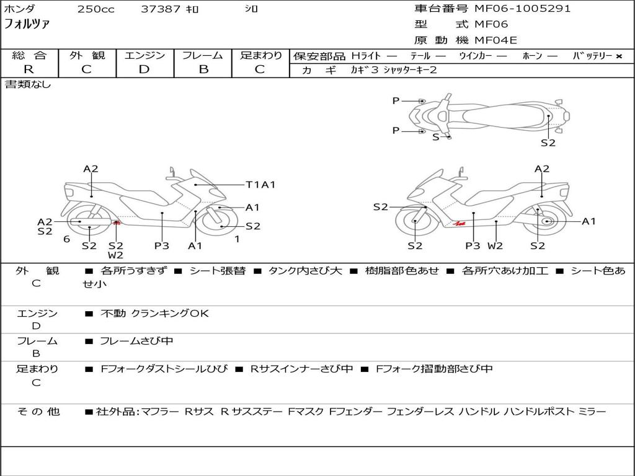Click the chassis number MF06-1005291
(x=522, y=9)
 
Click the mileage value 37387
(x=161, y=9)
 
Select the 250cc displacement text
(x=96, y=9)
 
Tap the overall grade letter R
(x=29, y=69)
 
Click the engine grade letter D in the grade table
(x=144, y=69)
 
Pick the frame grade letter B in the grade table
(x=203, y=69)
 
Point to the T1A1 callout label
(x=260, y=185)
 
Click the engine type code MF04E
(x=495, y=40)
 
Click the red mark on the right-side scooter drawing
(x=460, y=223)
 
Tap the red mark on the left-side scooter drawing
(x=117, y=223)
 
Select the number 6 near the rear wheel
(x=66, y=239)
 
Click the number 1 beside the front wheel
(x=237, y=239)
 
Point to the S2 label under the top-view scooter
(x=548, y=143)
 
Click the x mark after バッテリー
(x=619, y=56)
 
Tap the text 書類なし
(x=28, y=84)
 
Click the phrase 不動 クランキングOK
(x=154, y=313)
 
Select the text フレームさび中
(x=136, y=341)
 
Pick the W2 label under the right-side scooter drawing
(x=495, y=245)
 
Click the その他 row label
(x=38, y=412)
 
